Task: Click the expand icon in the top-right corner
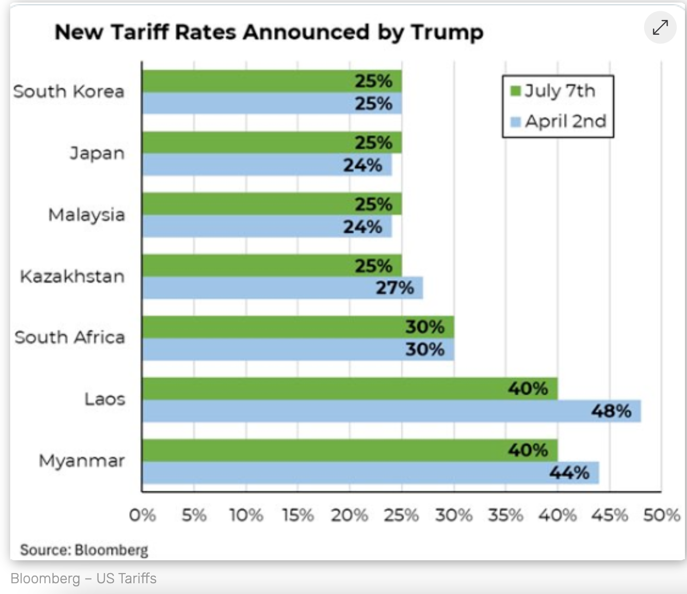click(660, 27)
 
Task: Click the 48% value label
click(611, 411)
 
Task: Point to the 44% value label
click(569, 473)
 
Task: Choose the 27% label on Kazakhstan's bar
click(395, 288)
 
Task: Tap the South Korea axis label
click(68, 92)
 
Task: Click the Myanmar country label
click(82, 461)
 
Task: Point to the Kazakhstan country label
click(72, 277)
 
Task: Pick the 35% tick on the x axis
click(506, 515)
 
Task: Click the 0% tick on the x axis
click(142, 515)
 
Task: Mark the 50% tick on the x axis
click(661, 515)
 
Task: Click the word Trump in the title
click(447, 33)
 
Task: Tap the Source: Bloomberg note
click(84, 550)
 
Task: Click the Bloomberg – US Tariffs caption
click(83, 578)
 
